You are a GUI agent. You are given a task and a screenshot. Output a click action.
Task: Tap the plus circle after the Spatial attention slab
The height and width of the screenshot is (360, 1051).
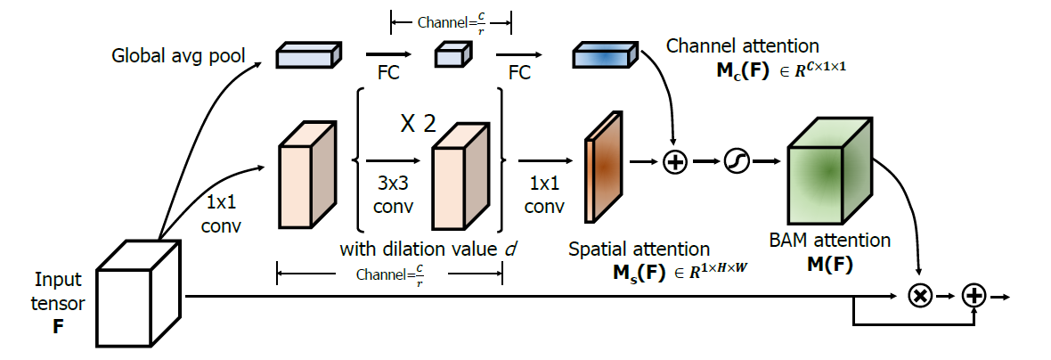pyautogui.click(x=675, y=162)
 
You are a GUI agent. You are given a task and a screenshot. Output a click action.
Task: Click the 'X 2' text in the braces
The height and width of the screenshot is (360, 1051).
pyautogui.click(x=417, y=125)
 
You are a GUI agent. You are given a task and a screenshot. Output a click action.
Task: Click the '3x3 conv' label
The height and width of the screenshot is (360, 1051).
pyautogui.click(x=393, y=196)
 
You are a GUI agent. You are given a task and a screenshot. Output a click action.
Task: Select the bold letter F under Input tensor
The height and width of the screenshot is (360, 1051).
pyautogui.click(x=58, y=326)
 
